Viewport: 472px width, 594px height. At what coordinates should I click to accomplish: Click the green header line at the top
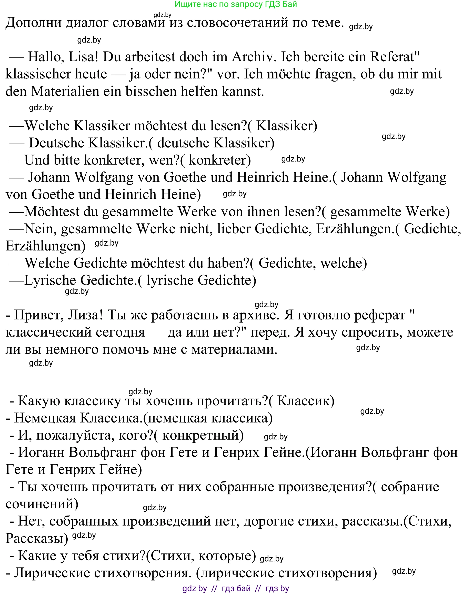pyautogui.click(x=236, y=4)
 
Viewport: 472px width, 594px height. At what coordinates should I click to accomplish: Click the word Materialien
pyautogui.click(x=65, y=92)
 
